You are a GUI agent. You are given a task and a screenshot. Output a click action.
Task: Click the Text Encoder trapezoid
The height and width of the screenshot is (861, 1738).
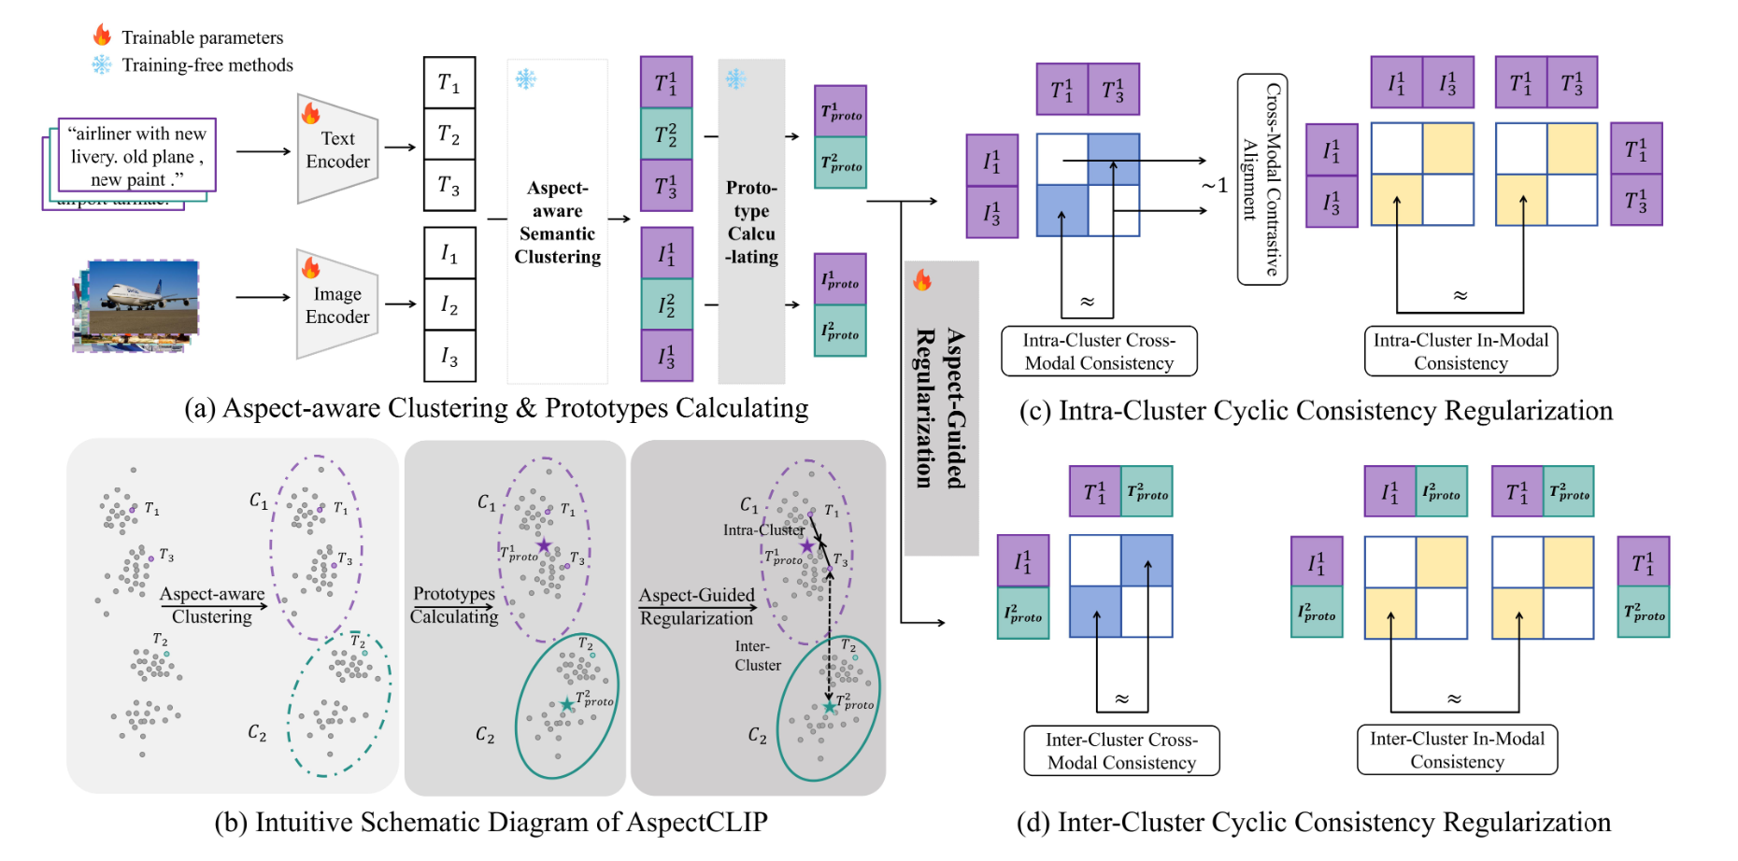click(x=337, y=149)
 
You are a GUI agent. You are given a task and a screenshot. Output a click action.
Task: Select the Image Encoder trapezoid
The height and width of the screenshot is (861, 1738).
click(x=337, y=304)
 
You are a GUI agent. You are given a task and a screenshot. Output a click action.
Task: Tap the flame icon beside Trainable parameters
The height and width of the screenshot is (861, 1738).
click(x=102, y=35)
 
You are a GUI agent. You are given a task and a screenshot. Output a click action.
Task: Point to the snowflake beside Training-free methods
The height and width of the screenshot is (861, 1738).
click(x=101, y=64)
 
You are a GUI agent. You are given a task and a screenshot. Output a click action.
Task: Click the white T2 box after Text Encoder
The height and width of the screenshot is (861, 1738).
click(x=449, y=134)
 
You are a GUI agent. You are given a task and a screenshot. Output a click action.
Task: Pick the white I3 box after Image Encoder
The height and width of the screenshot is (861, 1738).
click(x=449, y=357)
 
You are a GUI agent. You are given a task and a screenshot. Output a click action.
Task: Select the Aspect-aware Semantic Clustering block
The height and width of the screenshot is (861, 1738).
click(x=558, y=221)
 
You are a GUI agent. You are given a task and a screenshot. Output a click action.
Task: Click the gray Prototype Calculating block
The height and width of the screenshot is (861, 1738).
click(x=751, y=221)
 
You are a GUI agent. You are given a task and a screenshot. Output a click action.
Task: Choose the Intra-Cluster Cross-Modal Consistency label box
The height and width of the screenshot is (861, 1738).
click(x=1099, y=351)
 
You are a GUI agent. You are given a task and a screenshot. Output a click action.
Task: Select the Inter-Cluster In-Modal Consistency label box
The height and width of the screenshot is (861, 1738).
click(x=1458, y=750)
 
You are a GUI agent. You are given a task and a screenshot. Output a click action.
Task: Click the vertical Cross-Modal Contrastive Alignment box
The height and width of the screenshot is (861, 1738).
click(x=1262, y=179)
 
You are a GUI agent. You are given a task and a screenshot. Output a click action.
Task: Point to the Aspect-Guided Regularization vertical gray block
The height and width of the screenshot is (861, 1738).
click(x=941, y=408)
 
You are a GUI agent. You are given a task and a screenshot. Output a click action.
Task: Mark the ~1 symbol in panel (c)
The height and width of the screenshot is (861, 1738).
click(x=1215, y=185)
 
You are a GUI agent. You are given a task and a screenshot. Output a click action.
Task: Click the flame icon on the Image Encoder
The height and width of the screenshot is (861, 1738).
click(x=310, y=268)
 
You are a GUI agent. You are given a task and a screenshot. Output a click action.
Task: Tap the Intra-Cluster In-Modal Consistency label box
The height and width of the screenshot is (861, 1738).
click(x=1460, y=351)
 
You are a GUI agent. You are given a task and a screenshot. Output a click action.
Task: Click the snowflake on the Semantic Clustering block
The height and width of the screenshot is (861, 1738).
click(x=526, y=79)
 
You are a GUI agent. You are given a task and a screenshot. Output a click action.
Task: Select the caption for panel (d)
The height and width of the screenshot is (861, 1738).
click(x=1314, y=822)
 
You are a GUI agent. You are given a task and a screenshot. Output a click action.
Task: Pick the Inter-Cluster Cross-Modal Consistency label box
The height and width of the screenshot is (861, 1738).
click(x=1121, y=751)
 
